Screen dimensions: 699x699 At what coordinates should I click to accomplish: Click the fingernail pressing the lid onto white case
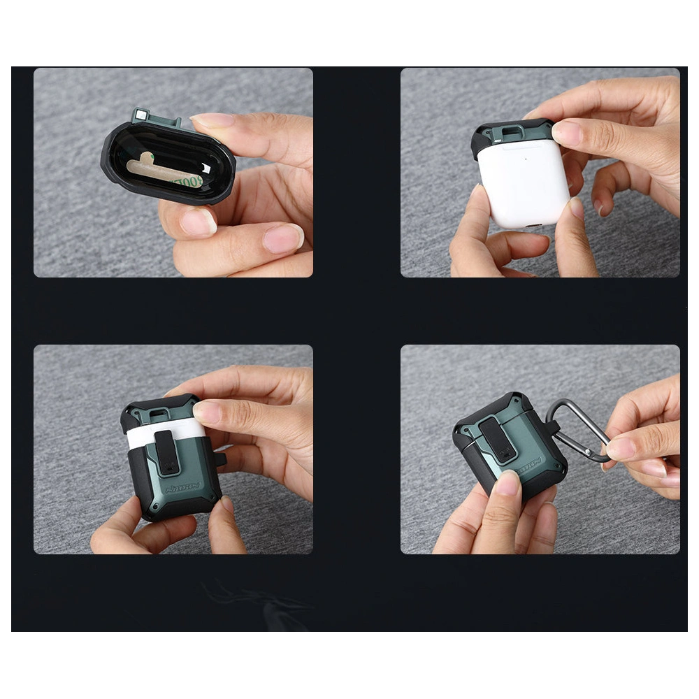pos(567,133)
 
